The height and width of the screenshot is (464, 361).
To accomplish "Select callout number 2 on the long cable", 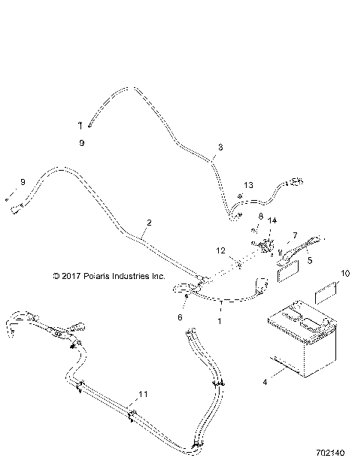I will (150, 223).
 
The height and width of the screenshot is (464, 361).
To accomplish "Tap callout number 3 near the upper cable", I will (220, 147).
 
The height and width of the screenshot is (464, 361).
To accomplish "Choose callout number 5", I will (309, 262).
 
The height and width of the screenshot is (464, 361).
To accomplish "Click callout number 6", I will (180, 318).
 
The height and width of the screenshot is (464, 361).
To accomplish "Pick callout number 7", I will (295, 235).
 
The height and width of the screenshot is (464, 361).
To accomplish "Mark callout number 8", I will (260, 217).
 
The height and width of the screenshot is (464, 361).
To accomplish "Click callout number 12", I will (221, 250).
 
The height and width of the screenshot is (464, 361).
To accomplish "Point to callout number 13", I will (249, 184).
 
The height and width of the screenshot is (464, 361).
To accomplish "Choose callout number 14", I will (273, 220).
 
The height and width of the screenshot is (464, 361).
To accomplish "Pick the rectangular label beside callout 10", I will (325, 293).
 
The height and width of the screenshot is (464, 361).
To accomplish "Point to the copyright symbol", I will (56, 277).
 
